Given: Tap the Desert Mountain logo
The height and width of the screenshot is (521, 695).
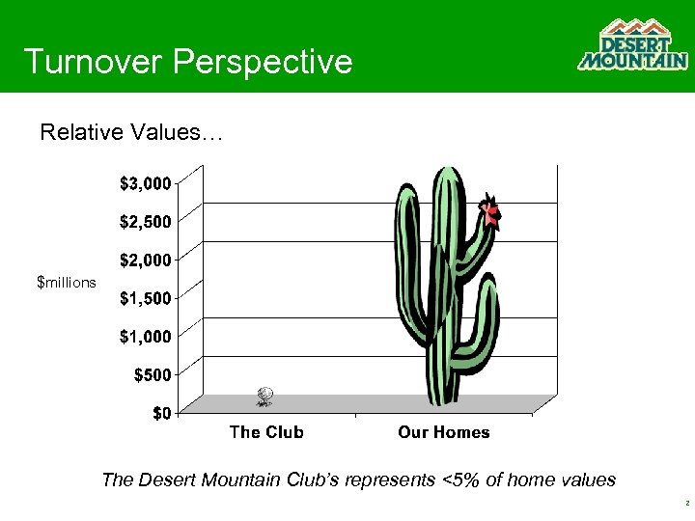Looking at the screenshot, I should click(632, 45).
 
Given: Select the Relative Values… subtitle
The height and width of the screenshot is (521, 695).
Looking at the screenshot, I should click(131, 132).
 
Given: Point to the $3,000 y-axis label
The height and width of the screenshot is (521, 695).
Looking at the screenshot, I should click(146, 182).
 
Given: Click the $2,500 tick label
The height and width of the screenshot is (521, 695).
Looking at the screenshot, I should click(146, 221).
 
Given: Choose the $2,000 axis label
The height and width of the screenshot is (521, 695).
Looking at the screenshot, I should click(146, 260).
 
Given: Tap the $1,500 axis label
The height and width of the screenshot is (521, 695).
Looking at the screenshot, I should click(146, 298).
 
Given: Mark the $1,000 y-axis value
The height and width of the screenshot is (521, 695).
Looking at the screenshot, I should click(146, 336).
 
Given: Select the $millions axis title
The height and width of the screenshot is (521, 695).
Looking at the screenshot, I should click(66, 283).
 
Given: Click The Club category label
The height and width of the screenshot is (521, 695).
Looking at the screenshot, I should click(266, 432).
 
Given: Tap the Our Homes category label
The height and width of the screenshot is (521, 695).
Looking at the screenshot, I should click(443, 432).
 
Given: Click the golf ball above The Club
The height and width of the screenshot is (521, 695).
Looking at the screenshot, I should click(265, 395).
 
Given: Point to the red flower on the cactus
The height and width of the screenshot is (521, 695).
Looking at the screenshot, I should click(491, 212).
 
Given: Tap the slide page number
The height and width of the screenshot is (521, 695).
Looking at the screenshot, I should click(684, 504).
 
